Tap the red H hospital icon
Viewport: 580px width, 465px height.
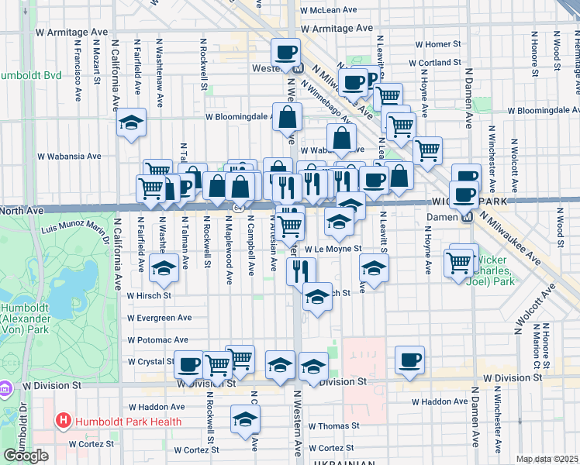click(63, 422)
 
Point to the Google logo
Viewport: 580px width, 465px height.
click(26, 456)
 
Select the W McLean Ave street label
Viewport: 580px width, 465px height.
click(328, 10)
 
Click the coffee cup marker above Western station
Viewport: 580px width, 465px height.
click(286, 52)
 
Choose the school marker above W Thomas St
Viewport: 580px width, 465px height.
click(246, 419)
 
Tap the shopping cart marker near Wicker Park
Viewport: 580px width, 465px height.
click(458, 261)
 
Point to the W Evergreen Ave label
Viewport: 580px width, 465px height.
click(159, 318)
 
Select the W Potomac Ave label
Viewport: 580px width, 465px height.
click(157, 339)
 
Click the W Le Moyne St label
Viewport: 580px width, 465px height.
click(333, 249)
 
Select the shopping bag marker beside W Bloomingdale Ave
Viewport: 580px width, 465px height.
click(287, 118)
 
